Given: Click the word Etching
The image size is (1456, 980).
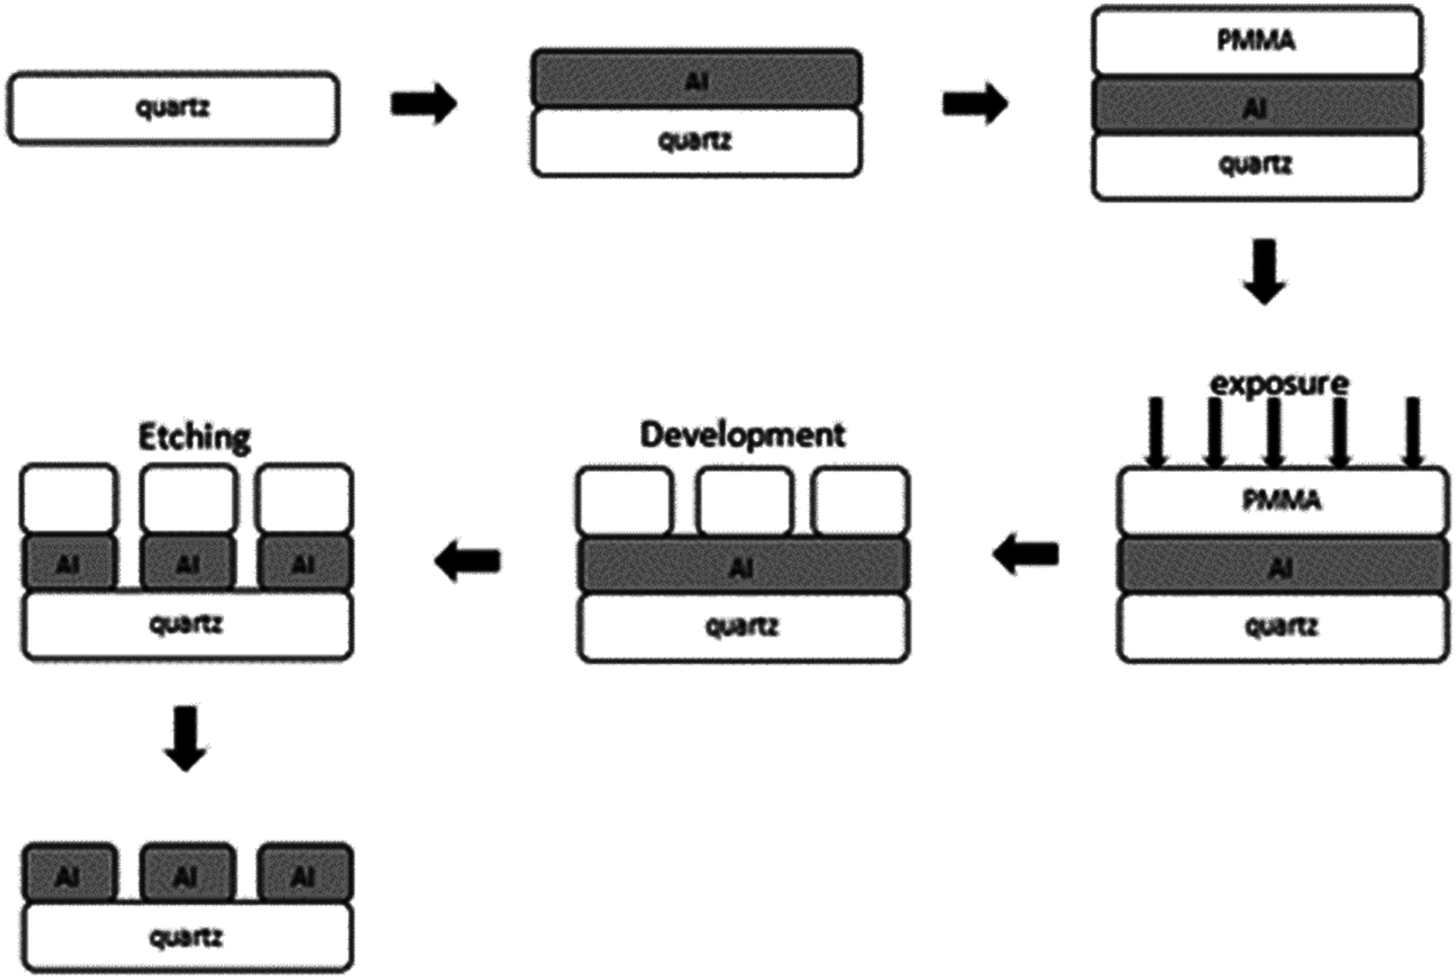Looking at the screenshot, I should (x=194, y=437).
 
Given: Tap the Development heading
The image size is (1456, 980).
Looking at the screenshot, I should (x=742, y=435).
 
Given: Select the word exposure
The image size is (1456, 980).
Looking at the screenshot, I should (x=1279, y=384).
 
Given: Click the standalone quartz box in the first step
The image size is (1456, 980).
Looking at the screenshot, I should (x=173, y=108).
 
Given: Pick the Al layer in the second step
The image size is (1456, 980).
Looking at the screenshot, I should (x=696, y=79).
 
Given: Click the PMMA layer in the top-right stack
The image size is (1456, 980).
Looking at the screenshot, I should (x=1256, y=41).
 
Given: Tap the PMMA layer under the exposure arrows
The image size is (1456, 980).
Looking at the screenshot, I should (x=1281, y=500).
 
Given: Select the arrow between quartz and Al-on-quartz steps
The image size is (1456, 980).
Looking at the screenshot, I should (x=423, y=104).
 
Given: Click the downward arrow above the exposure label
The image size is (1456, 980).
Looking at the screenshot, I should (x=1264, y=271).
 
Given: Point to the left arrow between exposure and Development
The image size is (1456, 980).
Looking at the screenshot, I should (x=1026, y=554).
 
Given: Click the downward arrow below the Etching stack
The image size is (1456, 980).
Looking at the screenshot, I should (x=186, y=738).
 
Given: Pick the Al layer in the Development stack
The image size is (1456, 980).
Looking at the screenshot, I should (x=742, y=566).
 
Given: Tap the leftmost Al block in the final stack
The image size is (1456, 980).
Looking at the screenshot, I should (x=69, y=874).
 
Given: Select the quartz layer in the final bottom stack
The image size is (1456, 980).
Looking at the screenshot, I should (x=186, y=938).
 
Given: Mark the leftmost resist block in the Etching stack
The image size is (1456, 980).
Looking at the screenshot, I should (x=69, y=499).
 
